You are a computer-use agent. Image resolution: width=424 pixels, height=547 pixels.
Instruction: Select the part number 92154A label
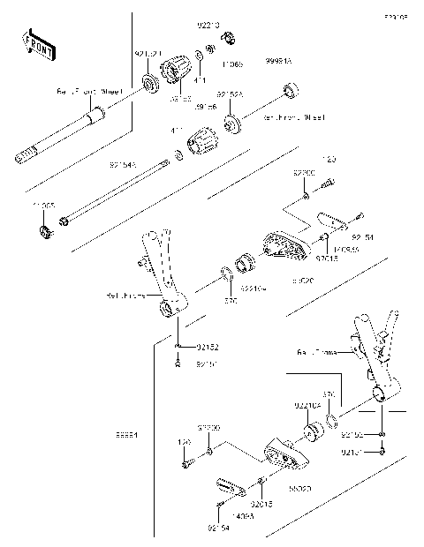(x=125, y=165)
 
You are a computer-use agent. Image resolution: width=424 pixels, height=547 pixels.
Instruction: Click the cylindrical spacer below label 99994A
(x=287, y=92)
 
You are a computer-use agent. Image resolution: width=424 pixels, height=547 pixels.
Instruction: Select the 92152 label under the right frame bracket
(x=352, y=434)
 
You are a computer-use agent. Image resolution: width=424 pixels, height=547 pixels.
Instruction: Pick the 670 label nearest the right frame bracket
(x=329, y=393)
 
